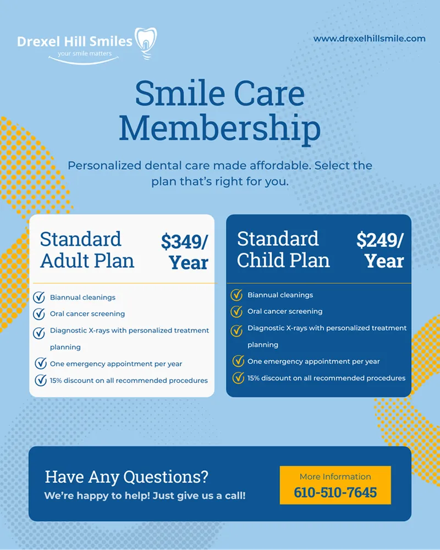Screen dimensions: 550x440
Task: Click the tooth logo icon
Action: [146, 43]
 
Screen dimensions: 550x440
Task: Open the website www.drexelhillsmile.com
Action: [369, 38]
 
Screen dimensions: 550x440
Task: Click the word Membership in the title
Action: [219, 128]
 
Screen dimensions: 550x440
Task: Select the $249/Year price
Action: [380, 250]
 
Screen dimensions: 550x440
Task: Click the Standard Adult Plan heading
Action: [87, 250]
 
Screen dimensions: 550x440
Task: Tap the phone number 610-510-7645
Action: [335, 492]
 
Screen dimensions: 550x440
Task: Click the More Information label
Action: [335, 476]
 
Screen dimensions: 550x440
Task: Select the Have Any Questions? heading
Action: [127, 476]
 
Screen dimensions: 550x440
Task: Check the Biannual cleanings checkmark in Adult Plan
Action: [39, 298]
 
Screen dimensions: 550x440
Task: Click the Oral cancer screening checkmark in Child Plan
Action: [237, 312]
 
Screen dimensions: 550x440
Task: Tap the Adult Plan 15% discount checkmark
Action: [40, 380]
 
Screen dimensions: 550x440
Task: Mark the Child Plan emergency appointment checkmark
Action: [238, 361]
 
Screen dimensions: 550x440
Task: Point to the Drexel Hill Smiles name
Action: [75, 41]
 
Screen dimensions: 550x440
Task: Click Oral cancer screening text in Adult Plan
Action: [87, 314]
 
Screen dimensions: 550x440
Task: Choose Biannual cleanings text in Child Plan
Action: [280, 295]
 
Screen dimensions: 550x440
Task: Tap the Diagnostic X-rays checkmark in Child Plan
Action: [237, 331]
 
